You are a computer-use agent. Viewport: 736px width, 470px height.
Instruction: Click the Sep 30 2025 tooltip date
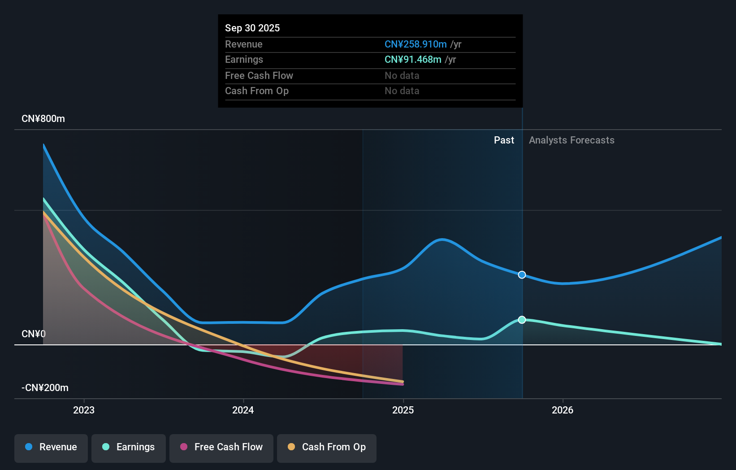tap(252, 28)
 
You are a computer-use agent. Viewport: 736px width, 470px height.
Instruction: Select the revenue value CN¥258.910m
tap(415, 44)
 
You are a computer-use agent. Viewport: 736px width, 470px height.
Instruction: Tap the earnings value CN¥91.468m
tap(412, 59)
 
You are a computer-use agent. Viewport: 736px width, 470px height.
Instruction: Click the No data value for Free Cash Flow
tap(402, 75)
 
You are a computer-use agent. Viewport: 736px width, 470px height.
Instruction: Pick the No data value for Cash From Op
tap(402, 91)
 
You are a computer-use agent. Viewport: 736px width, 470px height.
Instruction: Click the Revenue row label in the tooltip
tap(243, 44)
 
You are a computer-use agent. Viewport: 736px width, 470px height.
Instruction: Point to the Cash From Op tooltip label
tap(256, 91)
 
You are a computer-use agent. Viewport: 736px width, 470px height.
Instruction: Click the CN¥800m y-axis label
tap(43, 118)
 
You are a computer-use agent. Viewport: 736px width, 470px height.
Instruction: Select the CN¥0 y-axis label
tap(34, 334)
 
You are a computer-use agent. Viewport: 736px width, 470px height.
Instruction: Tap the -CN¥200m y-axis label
tap(45, 387)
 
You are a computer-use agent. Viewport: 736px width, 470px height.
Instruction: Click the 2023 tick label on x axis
tap(84, 410)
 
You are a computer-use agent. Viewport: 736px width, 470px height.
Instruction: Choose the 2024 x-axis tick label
tap(243, 410)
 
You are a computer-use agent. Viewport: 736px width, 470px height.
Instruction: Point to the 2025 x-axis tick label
tap(403, 410)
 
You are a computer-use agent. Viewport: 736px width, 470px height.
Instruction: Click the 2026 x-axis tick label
tap(563, 410)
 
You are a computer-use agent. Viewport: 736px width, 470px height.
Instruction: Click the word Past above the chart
tap(504, 140)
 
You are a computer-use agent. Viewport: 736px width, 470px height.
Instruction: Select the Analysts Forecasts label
tap(571, 140)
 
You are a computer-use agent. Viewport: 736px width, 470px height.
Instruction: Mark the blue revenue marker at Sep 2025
tap(522, 274)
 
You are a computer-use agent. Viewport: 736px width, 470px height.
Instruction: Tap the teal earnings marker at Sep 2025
tap(522, 320)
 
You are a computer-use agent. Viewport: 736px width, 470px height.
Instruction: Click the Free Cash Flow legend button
tap(221, 447)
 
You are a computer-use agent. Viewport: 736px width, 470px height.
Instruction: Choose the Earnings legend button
tap(129, 447)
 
